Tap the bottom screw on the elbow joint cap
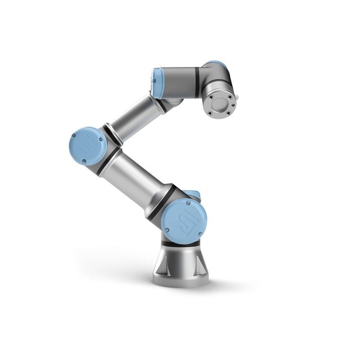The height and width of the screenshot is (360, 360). pyautogui.click(x=84, y=161)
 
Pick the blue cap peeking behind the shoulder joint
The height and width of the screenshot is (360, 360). pyautogui.click(x=193, y=194)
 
